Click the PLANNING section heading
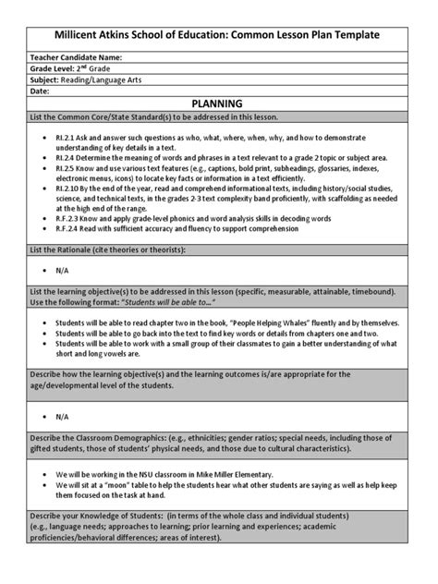(218, 105)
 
